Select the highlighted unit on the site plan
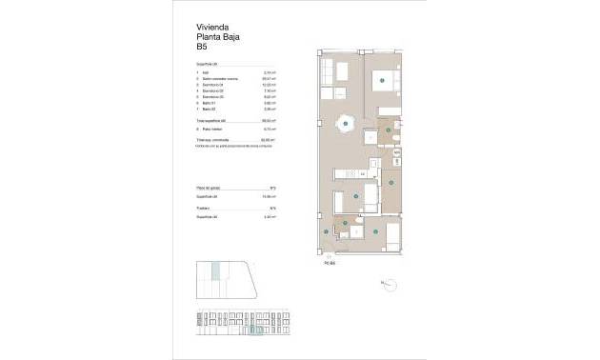click(216, 272)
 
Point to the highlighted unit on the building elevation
click(256, 330)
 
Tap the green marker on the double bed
click(381, 83)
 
